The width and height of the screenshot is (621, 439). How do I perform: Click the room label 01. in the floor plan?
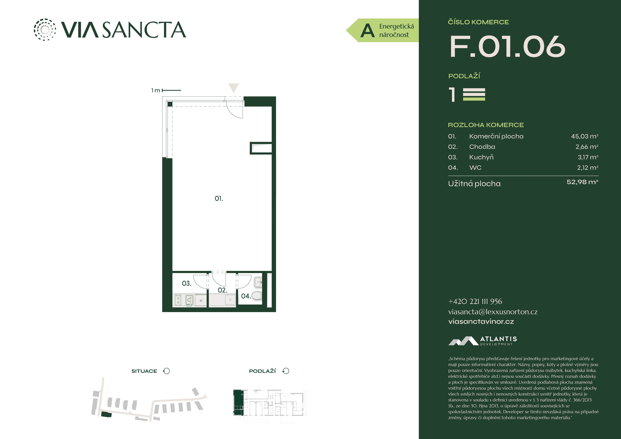(219, 199)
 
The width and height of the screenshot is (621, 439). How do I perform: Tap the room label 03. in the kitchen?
(186, 283)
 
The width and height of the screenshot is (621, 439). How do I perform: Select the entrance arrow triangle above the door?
(233, 88)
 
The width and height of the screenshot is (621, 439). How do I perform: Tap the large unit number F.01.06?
(507, 47)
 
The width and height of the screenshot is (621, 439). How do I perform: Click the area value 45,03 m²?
(585, 136)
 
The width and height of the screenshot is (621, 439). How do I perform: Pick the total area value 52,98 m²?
(582, 182)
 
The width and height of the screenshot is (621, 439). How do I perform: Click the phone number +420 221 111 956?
(475, 301)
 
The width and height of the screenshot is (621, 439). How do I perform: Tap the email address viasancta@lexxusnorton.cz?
(493, 312)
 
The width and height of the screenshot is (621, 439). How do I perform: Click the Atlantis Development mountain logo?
(463, 341)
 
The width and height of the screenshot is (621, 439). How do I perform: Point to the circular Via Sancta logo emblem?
(45, 30)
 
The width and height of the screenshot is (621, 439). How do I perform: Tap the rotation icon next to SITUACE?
(166, 371)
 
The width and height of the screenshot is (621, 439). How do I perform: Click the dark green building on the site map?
(106, 414)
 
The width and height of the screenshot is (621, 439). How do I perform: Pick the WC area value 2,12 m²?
(588, 168)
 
